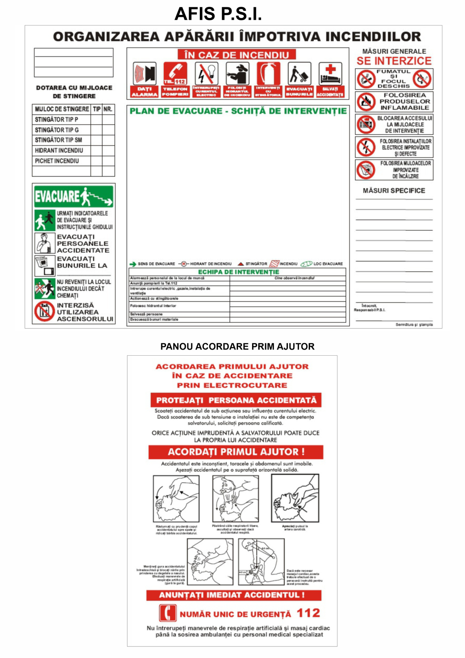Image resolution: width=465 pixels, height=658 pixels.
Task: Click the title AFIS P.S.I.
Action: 218,14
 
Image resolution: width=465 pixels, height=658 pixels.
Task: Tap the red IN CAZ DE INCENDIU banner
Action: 237,55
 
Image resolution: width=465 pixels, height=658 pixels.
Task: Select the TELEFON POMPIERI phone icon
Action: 175,74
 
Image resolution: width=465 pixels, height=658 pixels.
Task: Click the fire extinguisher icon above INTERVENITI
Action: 268,74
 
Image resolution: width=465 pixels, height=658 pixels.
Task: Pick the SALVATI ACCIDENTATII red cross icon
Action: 330,74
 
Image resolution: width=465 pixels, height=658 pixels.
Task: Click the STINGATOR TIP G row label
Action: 57,130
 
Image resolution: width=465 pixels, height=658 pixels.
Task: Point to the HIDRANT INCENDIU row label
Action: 59,151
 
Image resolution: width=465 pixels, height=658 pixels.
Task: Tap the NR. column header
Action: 108,109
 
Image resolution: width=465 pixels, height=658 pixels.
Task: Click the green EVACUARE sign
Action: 74,197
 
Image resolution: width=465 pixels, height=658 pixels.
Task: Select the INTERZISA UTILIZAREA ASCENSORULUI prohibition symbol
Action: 44,311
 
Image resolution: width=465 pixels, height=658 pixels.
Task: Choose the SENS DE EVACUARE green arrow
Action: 133,264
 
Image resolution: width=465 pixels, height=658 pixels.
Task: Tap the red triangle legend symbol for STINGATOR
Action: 241,264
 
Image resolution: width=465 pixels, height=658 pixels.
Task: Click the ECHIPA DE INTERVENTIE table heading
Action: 238,272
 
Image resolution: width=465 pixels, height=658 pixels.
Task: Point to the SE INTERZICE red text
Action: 394,61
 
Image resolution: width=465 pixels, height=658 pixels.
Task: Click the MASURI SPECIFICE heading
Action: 394,191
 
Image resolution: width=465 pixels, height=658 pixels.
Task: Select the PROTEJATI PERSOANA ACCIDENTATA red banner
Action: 236,400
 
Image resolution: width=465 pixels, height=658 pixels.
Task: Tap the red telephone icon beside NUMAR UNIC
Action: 167,613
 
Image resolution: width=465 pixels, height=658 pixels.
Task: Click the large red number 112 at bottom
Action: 308,613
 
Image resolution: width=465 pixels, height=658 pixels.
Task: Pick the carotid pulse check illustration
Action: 295,498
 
